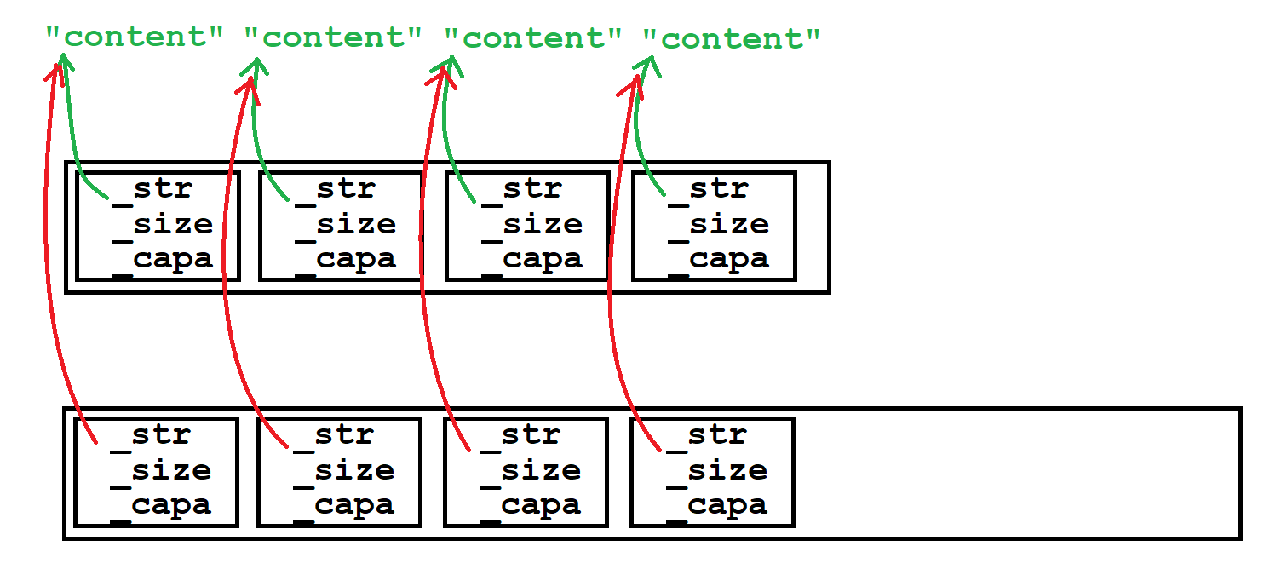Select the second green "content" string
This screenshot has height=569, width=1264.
[x=333, y=37]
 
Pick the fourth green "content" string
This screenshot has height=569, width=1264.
[x=732, y=37]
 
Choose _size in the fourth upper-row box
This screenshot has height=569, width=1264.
[x=720, y=224]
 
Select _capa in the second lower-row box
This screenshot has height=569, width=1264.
[x=346, y=505]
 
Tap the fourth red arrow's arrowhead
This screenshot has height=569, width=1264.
[x=637, y=79]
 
